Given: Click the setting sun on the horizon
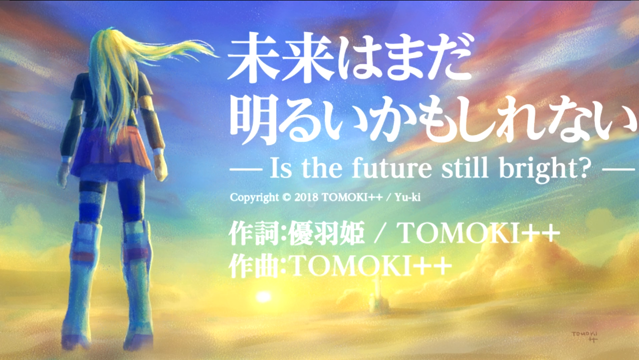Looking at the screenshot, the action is [x=264, y=297].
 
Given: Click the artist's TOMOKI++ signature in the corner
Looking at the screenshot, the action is [x=584, y=336].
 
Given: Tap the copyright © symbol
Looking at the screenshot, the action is [x=287, y=197].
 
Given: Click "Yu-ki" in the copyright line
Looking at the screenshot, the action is [x=407, y=197].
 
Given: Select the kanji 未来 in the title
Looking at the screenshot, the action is [x=281, y=57].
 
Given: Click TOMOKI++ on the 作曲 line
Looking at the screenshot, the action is [x=371, y=266].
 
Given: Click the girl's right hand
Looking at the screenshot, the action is [x=161, y=168].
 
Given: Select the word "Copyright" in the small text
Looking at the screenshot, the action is [x=254, y=198].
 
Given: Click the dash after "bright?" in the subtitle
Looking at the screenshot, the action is [x=618, y=169].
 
